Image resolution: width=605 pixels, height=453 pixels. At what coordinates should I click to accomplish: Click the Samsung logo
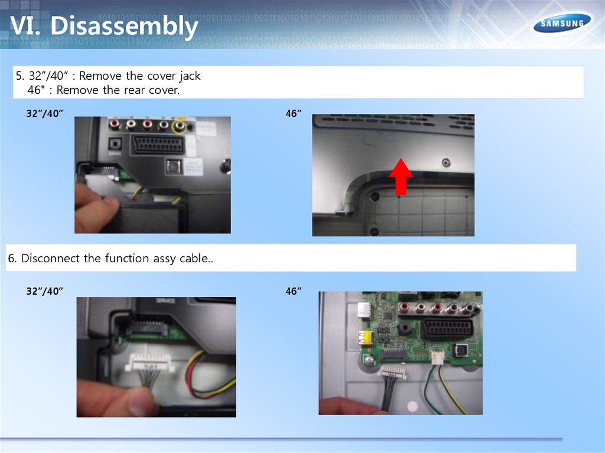tap(562, 23)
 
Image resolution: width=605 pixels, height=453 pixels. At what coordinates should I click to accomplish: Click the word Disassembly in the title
tap(124, 25)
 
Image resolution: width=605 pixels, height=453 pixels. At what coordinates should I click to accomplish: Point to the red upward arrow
tap(401, 177)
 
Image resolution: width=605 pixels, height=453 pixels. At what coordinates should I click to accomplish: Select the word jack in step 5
tap(190, 76)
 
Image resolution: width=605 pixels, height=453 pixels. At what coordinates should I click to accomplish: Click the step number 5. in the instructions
tap(19, 76)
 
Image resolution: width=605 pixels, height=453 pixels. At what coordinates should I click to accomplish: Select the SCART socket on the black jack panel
tap(158, 144)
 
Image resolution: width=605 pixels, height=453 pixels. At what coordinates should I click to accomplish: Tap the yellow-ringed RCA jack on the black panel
tap(178, 126)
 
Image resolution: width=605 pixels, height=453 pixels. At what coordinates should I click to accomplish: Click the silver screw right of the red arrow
tap(446, 162)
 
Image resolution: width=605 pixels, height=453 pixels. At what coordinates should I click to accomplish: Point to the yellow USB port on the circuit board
tap(365, 338)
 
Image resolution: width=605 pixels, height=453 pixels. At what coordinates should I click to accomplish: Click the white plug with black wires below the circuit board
tap(392, 373)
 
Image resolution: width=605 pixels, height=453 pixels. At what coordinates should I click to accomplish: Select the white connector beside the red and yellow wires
tap(149, 362)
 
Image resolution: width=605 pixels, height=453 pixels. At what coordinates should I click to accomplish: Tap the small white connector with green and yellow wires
tap(437, 357)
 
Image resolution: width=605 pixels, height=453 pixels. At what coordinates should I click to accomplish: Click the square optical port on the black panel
tap(173, 167)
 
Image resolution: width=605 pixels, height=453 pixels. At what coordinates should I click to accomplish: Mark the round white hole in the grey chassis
tap(412, 406)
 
